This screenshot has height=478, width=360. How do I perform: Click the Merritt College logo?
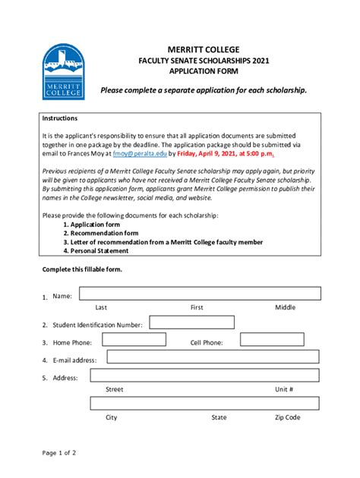(64, 71)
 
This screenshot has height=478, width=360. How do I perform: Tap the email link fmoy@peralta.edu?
(139, 153)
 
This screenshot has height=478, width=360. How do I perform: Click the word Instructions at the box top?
(59, 118)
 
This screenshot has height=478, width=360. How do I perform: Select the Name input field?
(200, 294)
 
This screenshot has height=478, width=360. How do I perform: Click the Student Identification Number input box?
(179, 322)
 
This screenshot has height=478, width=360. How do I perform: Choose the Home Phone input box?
(132, 341)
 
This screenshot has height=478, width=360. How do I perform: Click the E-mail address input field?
(213, 357)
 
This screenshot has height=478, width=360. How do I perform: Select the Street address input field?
(205, 375)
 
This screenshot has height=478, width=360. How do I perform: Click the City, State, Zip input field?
(205, 403)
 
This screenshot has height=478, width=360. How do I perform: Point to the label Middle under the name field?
(285, 307)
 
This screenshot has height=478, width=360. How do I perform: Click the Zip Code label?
(287, 417)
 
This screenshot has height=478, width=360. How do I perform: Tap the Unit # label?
(284, 389)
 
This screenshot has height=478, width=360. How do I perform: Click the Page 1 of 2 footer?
(59, 453)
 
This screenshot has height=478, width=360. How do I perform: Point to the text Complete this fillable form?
(81, 270)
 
